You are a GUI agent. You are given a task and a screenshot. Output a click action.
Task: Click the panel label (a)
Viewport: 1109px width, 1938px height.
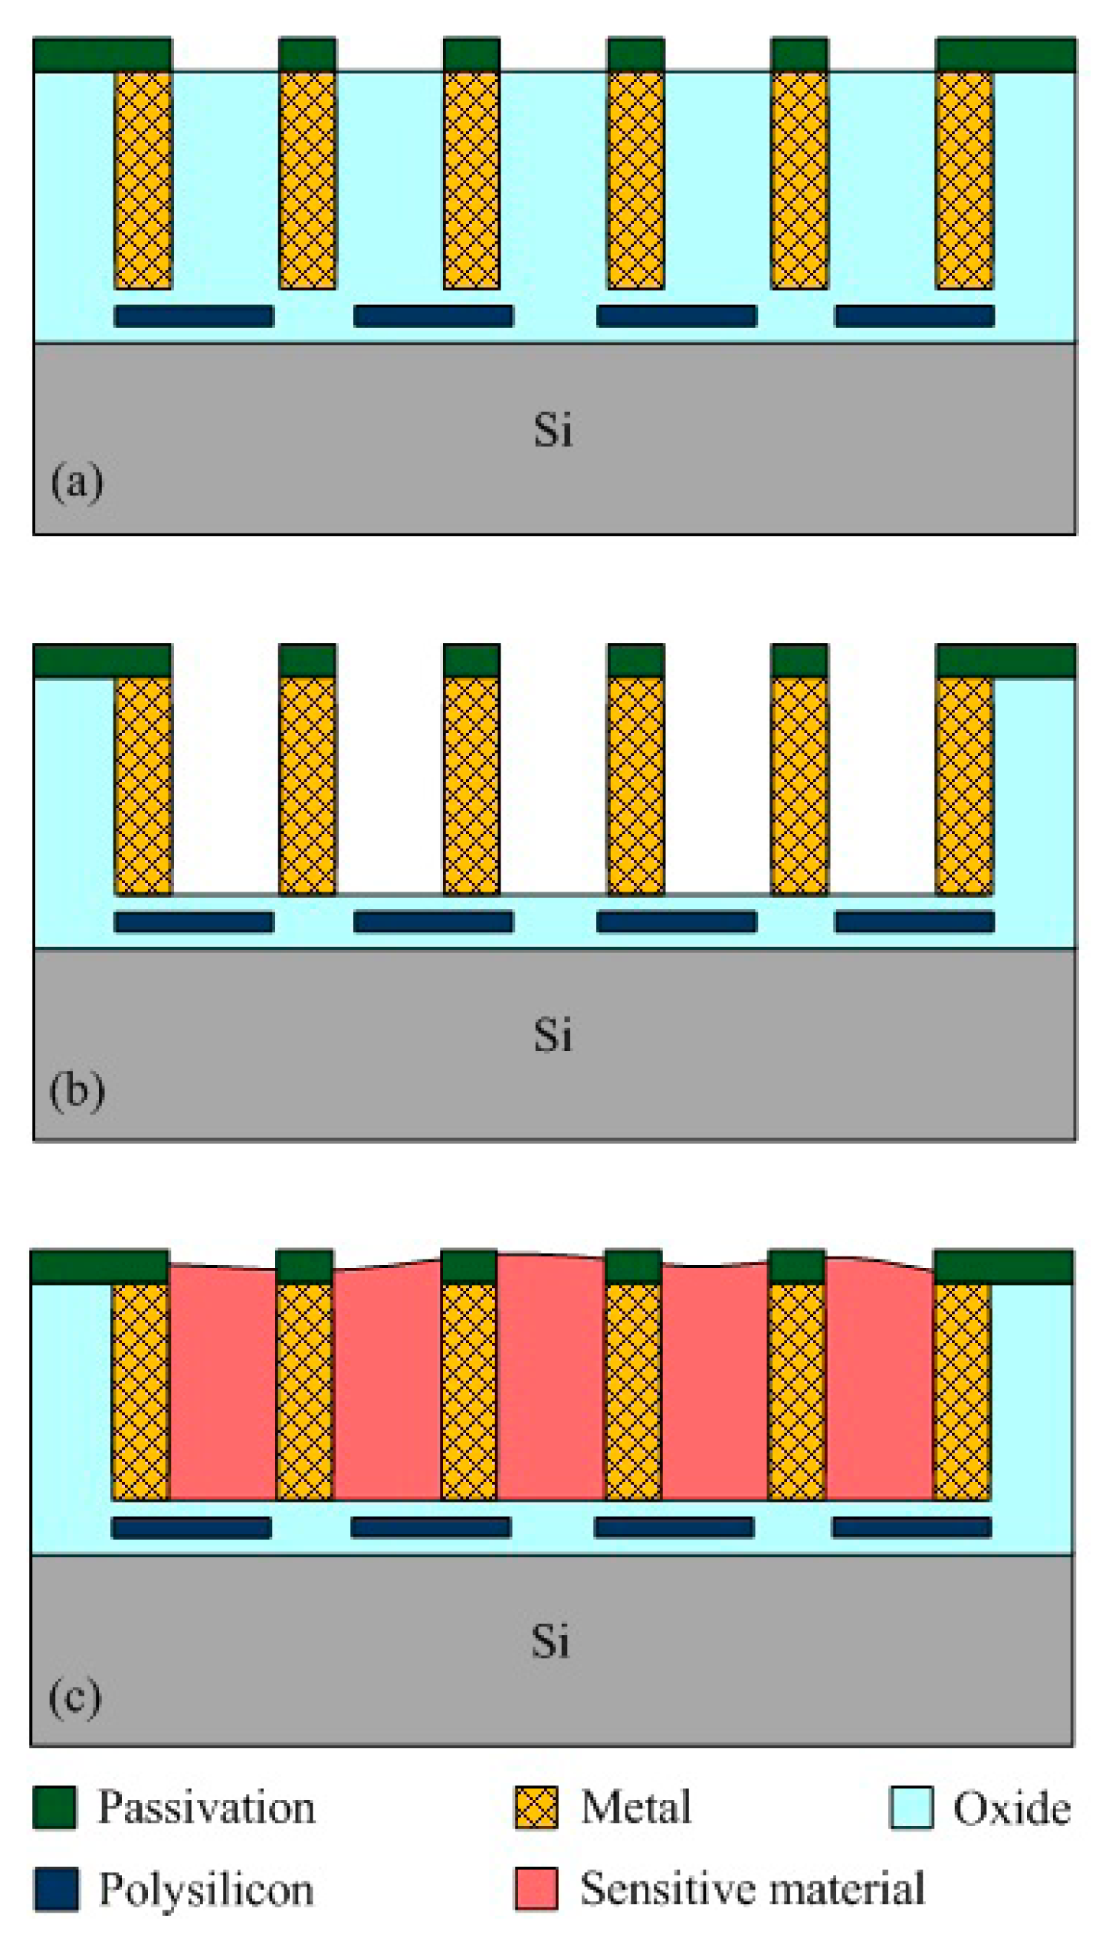click(77, 482)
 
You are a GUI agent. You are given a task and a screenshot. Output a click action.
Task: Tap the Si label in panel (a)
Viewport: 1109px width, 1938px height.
click(553, 430)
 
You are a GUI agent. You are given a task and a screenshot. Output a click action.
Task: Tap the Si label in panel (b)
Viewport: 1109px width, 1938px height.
click(553, 1036)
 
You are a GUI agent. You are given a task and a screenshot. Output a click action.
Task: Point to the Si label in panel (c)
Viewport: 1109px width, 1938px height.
click(550, 1642)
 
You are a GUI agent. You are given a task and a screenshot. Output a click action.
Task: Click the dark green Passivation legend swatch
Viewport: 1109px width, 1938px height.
click(54, 1807)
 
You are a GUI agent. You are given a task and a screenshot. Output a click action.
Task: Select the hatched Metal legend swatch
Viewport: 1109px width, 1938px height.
click(536, 1807)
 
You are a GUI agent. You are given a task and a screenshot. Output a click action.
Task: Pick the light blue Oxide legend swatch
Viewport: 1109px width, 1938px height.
click(911, 1807)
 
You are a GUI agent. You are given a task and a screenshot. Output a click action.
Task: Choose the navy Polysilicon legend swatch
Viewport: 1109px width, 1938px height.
click(55, 1889)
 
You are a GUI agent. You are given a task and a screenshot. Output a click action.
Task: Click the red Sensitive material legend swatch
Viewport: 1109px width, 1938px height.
click(536, 1889)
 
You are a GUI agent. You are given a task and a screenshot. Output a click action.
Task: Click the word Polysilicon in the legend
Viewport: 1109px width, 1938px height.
click(206, 1890)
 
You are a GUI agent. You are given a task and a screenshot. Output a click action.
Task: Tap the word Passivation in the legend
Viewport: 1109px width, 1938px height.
click(206, 1808)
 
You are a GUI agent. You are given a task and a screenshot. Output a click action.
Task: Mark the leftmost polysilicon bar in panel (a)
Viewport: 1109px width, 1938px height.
click(194, 316)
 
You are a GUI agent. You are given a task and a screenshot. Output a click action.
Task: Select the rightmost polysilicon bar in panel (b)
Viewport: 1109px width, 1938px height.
click(914, 921)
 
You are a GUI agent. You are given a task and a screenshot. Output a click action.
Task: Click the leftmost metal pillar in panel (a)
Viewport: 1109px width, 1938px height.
click(143, 180)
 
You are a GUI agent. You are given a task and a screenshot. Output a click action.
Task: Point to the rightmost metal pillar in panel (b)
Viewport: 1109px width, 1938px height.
click(964, 786)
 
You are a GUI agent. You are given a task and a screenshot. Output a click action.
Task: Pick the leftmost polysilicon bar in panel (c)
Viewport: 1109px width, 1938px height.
click(191, 1527)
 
